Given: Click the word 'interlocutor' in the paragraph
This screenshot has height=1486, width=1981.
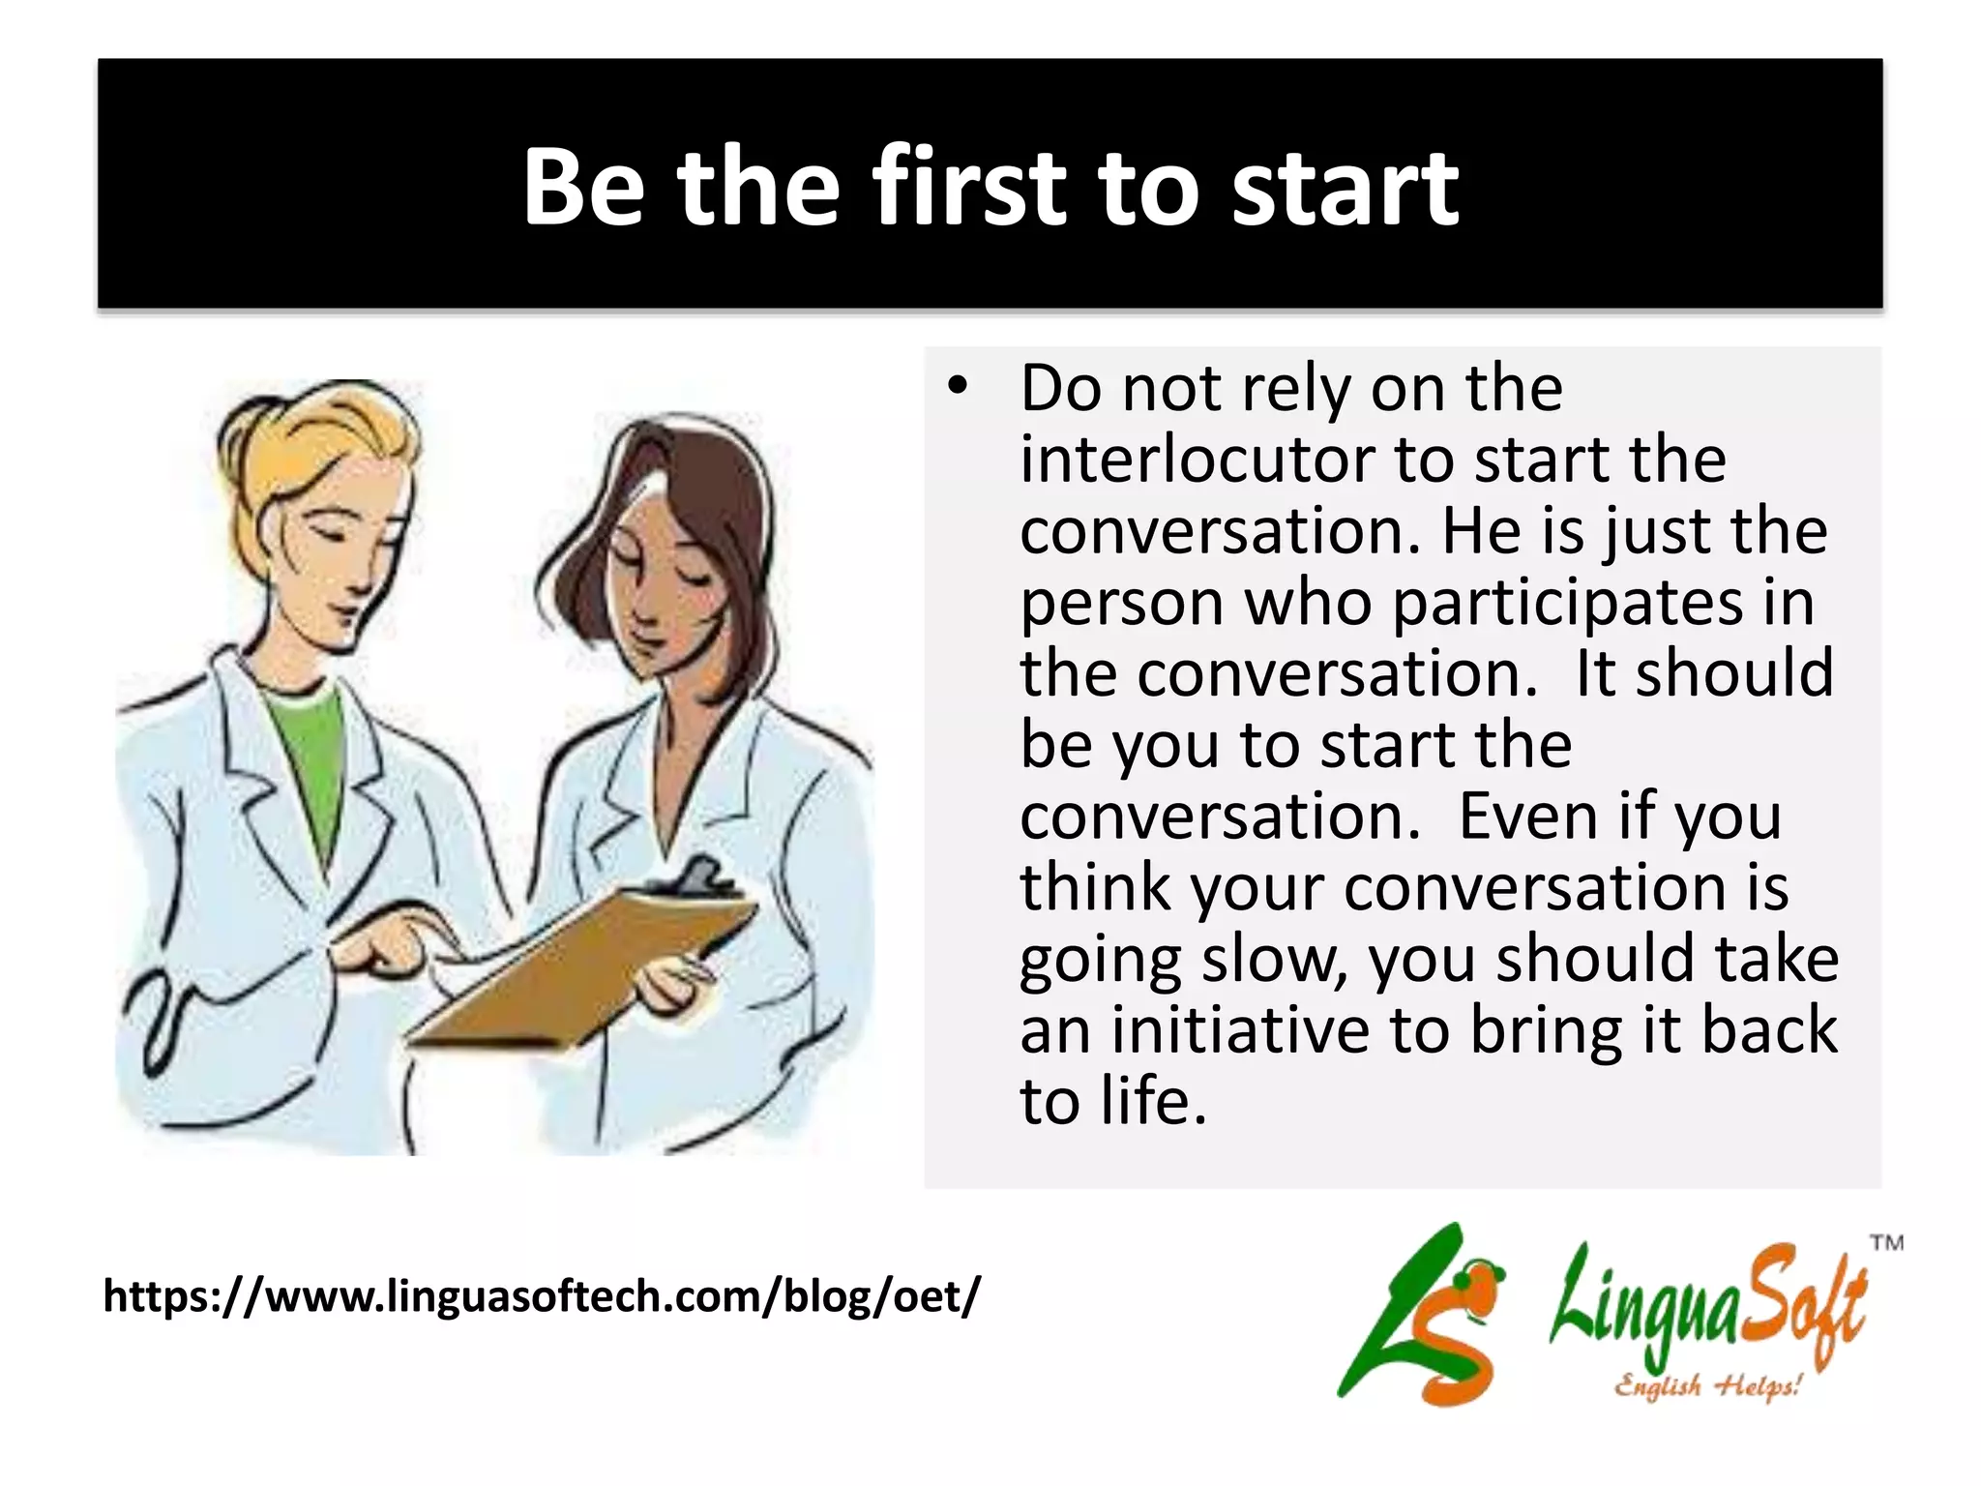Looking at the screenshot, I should tap(1197, 459).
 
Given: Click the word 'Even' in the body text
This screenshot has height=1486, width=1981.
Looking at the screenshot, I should tap(1527, 816).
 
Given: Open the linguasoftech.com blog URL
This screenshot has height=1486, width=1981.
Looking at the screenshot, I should tap(542, 1296).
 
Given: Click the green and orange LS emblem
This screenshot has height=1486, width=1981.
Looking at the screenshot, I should tap(1422, 1316).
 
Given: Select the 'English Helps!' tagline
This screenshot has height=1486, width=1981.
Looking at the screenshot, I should tap(1706, 1385).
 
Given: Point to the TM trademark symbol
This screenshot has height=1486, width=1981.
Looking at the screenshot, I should tap(1886, 1242).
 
